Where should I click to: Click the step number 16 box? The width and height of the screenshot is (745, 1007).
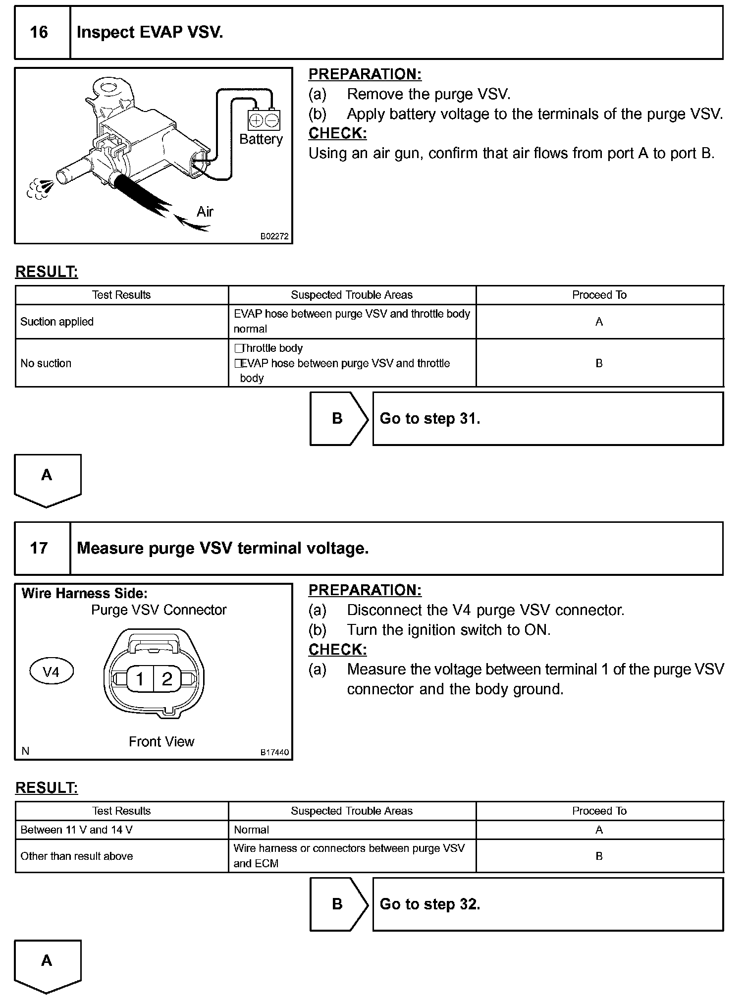pos(39,33)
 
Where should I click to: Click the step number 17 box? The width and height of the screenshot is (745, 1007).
pos(39,548)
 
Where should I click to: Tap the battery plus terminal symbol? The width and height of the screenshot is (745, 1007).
pos(256,120)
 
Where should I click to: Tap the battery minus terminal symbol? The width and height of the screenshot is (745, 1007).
pos(271,120)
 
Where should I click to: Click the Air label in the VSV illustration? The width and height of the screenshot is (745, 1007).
pos(205,212)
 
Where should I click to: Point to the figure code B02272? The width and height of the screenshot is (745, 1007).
pos(274,236)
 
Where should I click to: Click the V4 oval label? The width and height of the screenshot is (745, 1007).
pos(51,672)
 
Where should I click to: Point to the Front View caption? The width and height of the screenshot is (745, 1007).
pos(161,741)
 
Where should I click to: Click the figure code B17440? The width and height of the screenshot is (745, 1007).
pos(274,752)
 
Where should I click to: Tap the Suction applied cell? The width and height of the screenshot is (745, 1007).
pos(121,322)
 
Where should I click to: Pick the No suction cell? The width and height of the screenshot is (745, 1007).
pos(121,363)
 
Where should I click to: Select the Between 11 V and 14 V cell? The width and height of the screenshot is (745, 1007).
pos(121,830)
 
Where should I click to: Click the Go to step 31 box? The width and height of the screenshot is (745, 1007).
pos(547,419)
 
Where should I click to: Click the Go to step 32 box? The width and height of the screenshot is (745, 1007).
pos(547,904)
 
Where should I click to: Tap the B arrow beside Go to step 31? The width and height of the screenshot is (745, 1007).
pos(338,419)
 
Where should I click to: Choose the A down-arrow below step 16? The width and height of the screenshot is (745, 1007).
pos(47,478)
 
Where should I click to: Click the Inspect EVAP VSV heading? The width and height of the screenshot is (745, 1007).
pos(150,33)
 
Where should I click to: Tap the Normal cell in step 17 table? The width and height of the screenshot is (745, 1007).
pos(352,830)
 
